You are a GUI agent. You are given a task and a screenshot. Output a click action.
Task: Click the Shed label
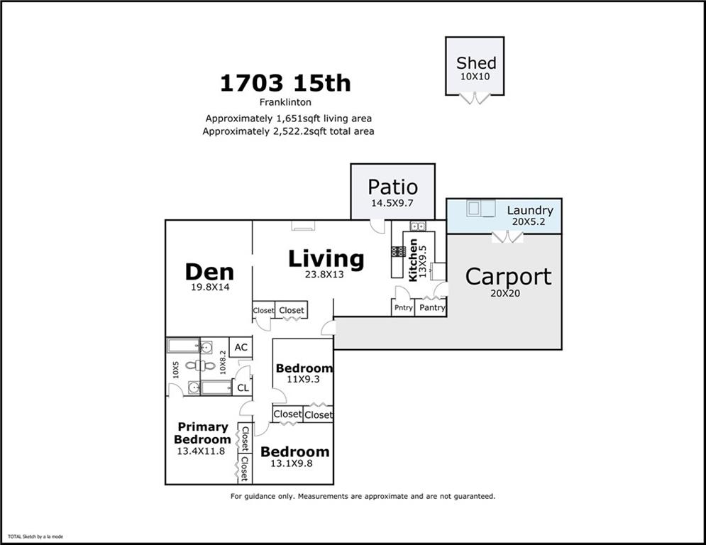pos(476,63)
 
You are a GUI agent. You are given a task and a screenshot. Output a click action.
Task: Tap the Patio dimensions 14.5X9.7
pos(392,203)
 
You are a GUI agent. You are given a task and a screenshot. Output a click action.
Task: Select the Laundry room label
pos(530,210)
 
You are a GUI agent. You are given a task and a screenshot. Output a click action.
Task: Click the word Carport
pos(508,276)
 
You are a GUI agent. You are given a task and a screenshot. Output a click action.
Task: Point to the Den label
pos(209,272)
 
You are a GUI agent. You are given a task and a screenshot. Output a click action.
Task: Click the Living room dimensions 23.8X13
pos(324,275)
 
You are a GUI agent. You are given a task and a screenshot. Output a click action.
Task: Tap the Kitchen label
pos(413,260)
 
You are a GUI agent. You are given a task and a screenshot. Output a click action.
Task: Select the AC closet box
pos(241,347)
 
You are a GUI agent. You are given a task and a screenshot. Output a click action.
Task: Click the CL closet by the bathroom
pos(243,387)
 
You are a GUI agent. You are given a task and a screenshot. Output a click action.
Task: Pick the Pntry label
pos(403,308)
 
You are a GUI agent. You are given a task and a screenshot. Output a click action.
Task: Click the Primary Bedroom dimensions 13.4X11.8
pos(201,451)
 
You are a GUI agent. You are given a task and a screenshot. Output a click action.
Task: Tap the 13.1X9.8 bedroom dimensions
pos(292,463)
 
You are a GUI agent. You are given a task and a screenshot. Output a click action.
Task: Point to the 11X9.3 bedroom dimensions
pos(303,379)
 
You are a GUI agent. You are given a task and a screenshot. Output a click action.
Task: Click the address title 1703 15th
pos(285,83)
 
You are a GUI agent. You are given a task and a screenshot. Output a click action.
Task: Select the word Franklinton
pos(285,102)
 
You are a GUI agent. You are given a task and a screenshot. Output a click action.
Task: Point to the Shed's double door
pos(475,98)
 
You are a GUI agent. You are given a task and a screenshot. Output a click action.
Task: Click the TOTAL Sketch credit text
pos(35,536)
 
